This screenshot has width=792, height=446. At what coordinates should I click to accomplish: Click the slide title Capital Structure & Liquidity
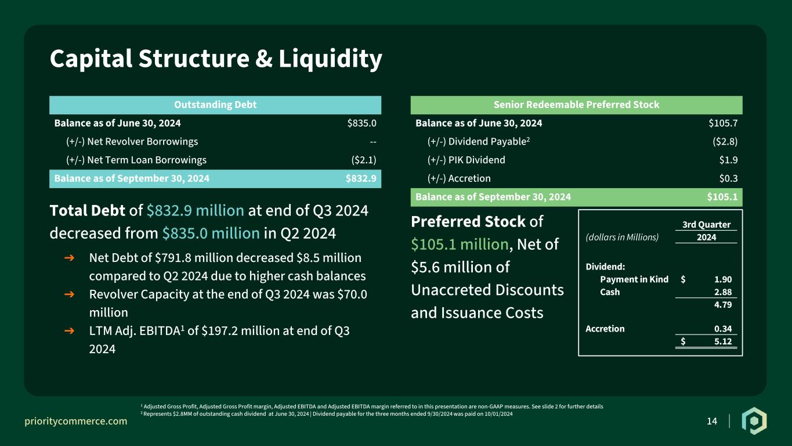[x=216, y=59]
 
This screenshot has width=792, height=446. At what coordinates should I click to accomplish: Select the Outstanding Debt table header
[x=215, y=105]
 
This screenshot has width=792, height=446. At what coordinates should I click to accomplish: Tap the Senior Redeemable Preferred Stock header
[x=576, y=105]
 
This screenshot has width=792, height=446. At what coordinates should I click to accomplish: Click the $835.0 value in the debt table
[x=361, y=123]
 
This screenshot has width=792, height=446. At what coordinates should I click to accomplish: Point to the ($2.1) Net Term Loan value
[x=364, y=160]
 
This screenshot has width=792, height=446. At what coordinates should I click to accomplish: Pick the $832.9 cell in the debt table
[x=361, y=178]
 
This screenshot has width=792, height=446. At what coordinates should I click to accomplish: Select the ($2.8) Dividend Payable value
[x=725, y=142]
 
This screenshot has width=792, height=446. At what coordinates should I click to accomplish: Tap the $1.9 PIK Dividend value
[x=728, y=160]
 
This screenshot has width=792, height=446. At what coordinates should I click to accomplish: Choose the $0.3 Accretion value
[x=728, y=178]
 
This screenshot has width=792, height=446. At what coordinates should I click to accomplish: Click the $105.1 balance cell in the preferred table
[x=722, y=197]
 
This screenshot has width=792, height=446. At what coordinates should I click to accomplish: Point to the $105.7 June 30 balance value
[x=723, y=123]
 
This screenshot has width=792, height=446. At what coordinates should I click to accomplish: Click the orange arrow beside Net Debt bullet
[x=69, y=258]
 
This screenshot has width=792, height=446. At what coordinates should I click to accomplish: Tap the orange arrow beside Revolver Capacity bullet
[x=69, y=294]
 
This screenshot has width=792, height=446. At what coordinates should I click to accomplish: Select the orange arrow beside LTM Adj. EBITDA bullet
[x=69, y=330]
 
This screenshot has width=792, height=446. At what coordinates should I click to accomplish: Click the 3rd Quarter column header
[x=706, y=225]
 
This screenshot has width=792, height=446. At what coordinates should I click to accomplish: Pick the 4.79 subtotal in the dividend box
[x=723, y=305]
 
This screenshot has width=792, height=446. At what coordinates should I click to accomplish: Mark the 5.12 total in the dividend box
[x=723, y=341]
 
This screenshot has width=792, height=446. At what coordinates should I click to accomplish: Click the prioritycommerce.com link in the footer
[x=75, y=421]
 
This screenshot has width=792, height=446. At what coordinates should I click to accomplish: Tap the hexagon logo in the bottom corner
[x=754, y=420]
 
